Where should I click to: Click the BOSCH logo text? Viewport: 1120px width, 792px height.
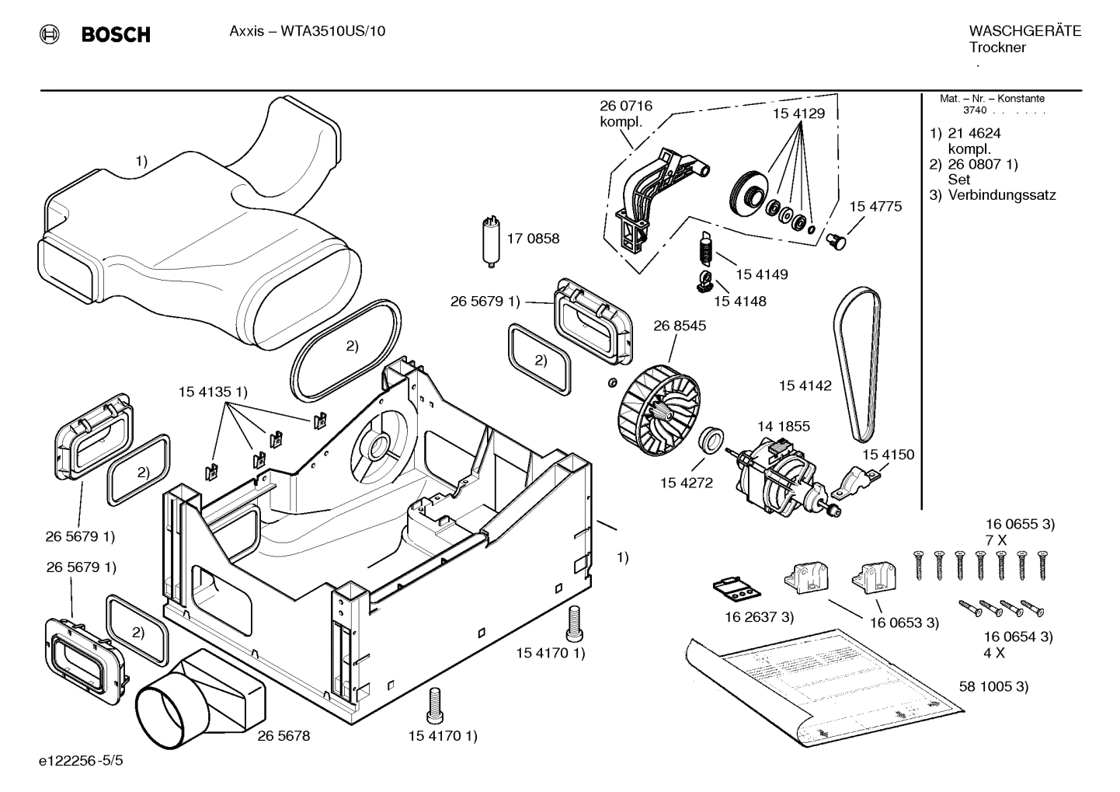116,35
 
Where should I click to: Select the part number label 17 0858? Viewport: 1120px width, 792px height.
533,239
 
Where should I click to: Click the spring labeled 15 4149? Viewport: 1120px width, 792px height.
706,250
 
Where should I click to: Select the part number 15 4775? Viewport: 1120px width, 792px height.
875,207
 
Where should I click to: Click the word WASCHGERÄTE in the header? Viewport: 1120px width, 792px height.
1024,31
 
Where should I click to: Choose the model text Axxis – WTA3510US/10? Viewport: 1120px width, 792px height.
308,31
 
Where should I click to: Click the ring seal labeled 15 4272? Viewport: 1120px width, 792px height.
711,440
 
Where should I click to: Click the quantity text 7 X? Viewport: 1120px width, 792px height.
996,539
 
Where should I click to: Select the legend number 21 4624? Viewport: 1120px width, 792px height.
974,133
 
